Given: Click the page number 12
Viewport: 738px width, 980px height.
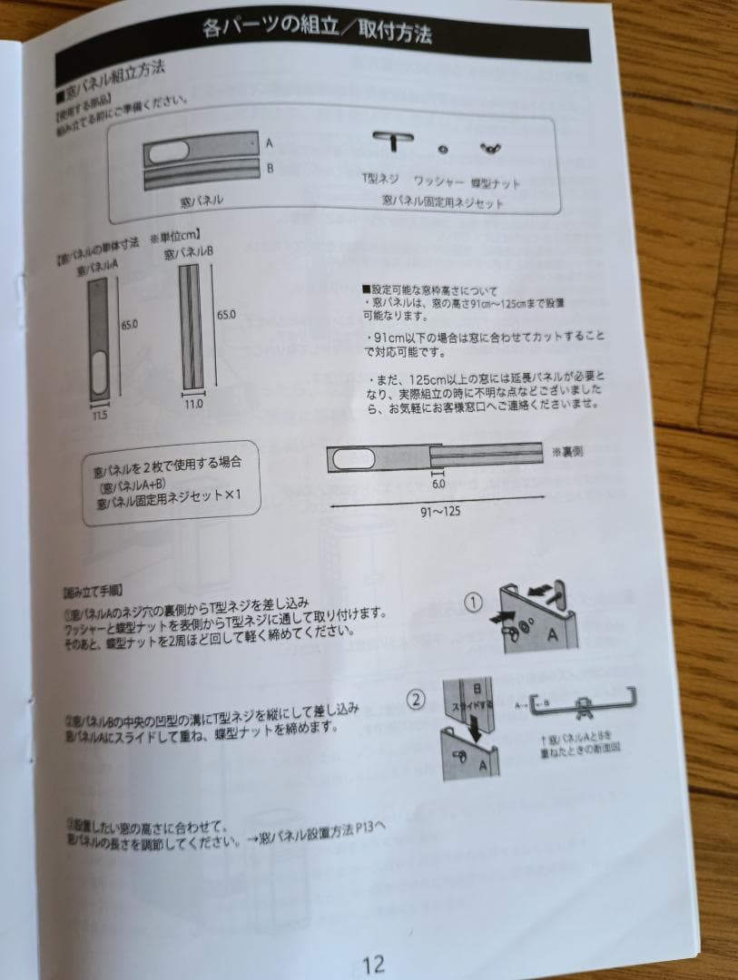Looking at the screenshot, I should (373, 962).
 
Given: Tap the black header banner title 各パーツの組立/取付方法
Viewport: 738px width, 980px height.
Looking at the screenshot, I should (317, 30).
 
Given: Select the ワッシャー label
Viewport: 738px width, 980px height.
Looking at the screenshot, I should (438, 181).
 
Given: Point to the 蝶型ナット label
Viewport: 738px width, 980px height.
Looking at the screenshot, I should (496, 183).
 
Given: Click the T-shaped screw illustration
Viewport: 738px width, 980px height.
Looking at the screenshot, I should (391, 141).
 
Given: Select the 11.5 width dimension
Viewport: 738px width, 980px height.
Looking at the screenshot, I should (99, 414).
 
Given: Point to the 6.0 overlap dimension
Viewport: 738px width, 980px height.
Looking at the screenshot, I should (438, 485).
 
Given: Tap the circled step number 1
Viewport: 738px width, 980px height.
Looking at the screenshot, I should (472, 601).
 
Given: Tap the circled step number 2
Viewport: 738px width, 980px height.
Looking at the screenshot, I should (415, 700).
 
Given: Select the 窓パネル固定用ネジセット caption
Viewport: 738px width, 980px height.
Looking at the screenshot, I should (442, 202).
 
